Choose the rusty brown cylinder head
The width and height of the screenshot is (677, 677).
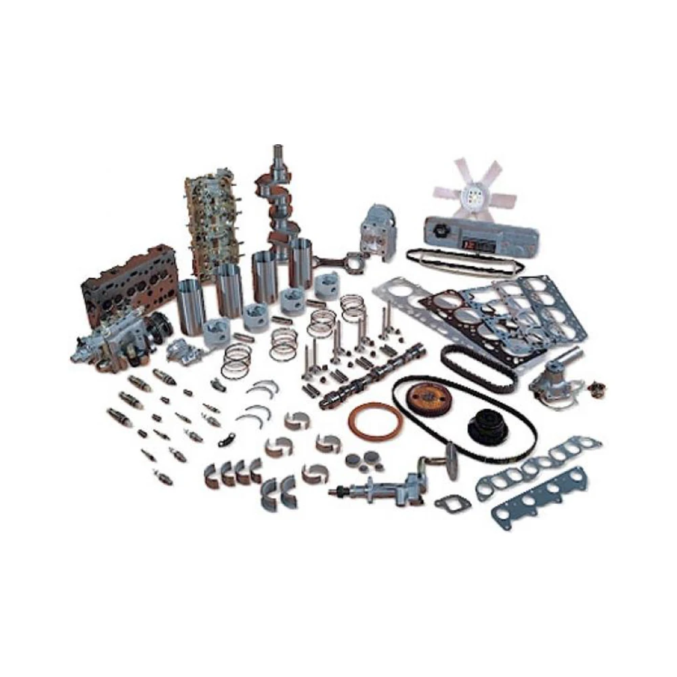128,278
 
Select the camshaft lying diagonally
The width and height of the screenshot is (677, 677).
373,376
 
